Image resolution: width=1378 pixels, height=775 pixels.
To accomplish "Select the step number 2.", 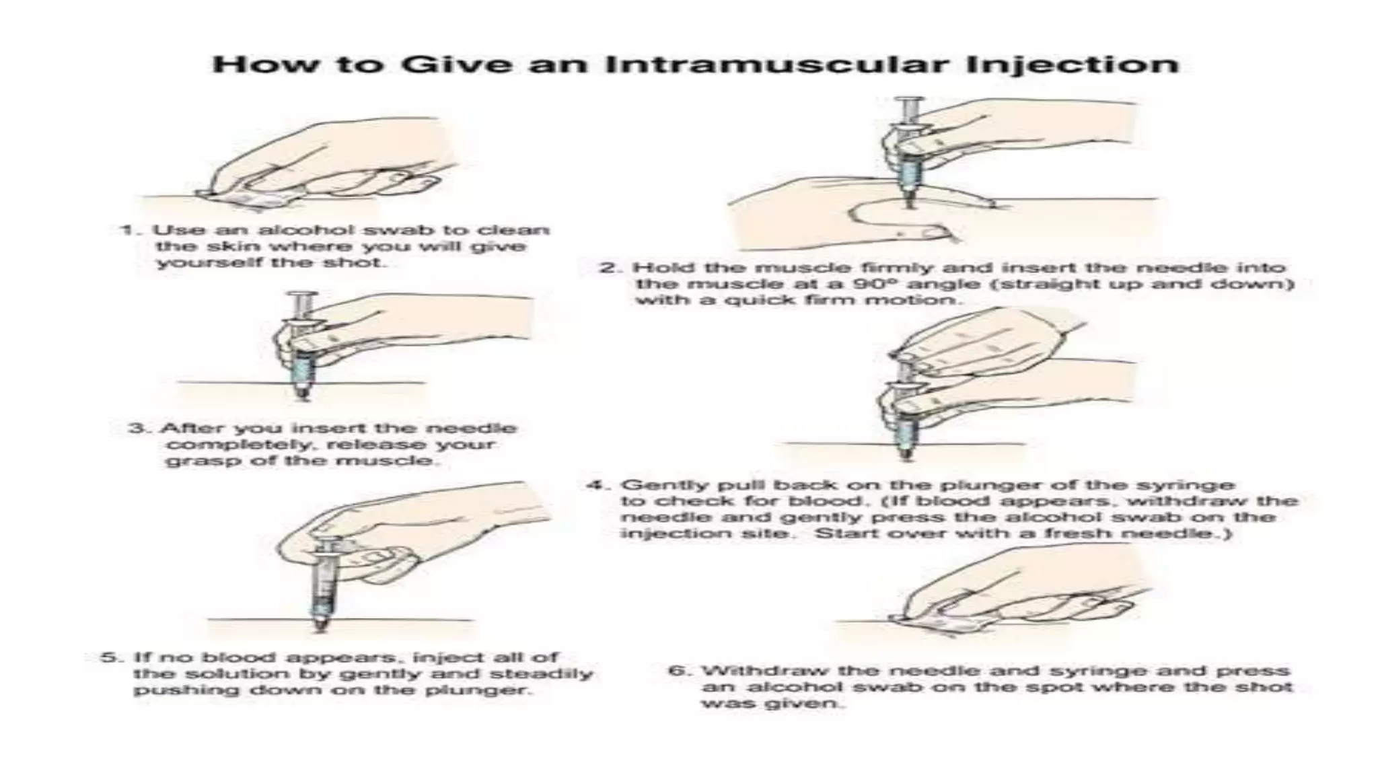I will pyautogui.click(x=608, y=268).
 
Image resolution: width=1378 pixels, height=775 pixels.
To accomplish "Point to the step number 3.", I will pyautogui.click(x=136, y=429).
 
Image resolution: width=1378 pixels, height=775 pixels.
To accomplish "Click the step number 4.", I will pyautogui.click(x=595, y=485).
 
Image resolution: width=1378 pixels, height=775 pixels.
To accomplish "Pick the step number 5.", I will pyautogui.click(x=108, y=657).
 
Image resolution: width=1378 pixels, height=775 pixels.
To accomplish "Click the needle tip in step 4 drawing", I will pyautogui.click(x=906, y=457).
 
